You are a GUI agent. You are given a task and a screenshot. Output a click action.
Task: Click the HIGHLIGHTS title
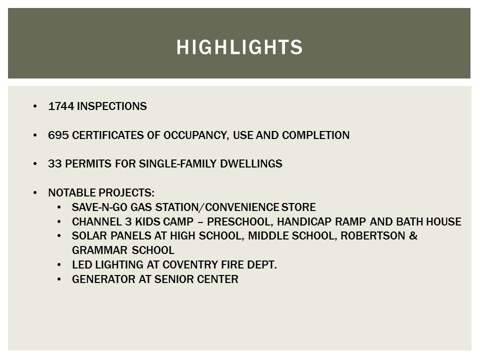pos(239,47)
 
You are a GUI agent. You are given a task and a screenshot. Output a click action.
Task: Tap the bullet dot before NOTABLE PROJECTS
pos(34,193)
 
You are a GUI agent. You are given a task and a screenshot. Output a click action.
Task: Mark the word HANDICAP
pos(302,221)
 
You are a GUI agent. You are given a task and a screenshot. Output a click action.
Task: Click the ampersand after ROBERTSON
pos(413,236)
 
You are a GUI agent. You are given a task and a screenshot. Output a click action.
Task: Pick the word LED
pos(80,265)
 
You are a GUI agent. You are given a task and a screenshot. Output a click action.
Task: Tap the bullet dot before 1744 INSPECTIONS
pos(34,106)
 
